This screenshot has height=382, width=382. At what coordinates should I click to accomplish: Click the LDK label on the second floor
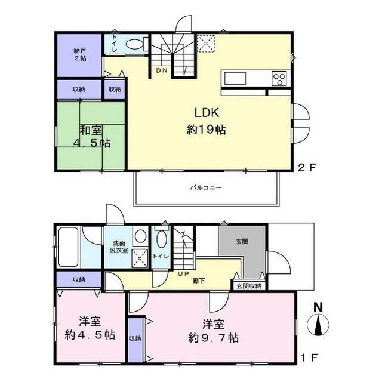pos(207,112)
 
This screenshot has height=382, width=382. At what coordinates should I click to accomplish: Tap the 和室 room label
pos(91,129)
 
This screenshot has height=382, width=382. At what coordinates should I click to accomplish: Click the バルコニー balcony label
pos(206,187)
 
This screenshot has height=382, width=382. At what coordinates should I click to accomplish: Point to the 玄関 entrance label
pos(242,241)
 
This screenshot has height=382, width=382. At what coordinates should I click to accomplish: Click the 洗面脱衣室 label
pos(119,248)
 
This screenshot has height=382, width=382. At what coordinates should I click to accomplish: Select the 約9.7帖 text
pos(214,338)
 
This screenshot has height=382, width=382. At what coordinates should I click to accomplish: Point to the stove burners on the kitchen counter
pos(279,78)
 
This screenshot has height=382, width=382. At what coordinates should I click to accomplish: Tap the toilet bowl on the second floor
pos(135,44)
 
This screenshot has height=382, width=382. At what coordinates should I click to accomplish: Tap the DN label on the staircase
pos(162,71)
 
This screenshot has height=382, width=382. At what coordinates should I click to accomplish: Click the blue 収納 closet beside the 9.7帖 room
pos(135,339)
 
